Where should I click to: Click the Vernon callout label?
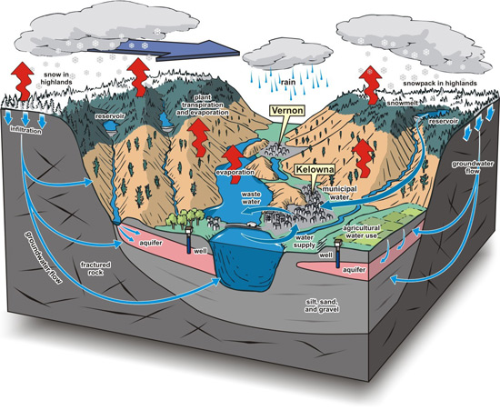tap(287, 111)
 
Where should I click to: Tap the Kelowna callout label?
tap(315, 169)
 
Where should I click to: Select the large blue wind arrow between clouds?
tap(164, 50)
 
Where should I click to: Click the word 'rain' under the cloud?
tap(288, 82)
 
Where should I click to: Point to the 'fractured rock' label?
tap(95, 268)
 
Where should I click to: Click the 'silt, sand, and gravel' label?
tap(322, 305)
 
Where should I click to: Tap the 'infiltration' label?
tap(25, 130)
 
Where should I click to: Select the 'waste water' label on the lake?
tap(251, 197)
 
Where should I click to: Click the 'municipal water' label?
tap(339, 193)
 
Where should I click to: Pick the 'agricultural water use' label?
tap(363, 232)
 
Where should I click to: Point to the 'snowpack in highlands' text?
tap(440, 84)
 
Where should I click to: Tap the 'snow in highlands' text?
tap(56, 78)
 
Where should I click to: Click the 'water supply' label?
tap(305, 241)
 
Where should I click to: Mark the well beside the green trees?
tap(189, 240)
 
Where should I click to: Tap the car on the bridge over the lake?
tap(252, 225)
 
